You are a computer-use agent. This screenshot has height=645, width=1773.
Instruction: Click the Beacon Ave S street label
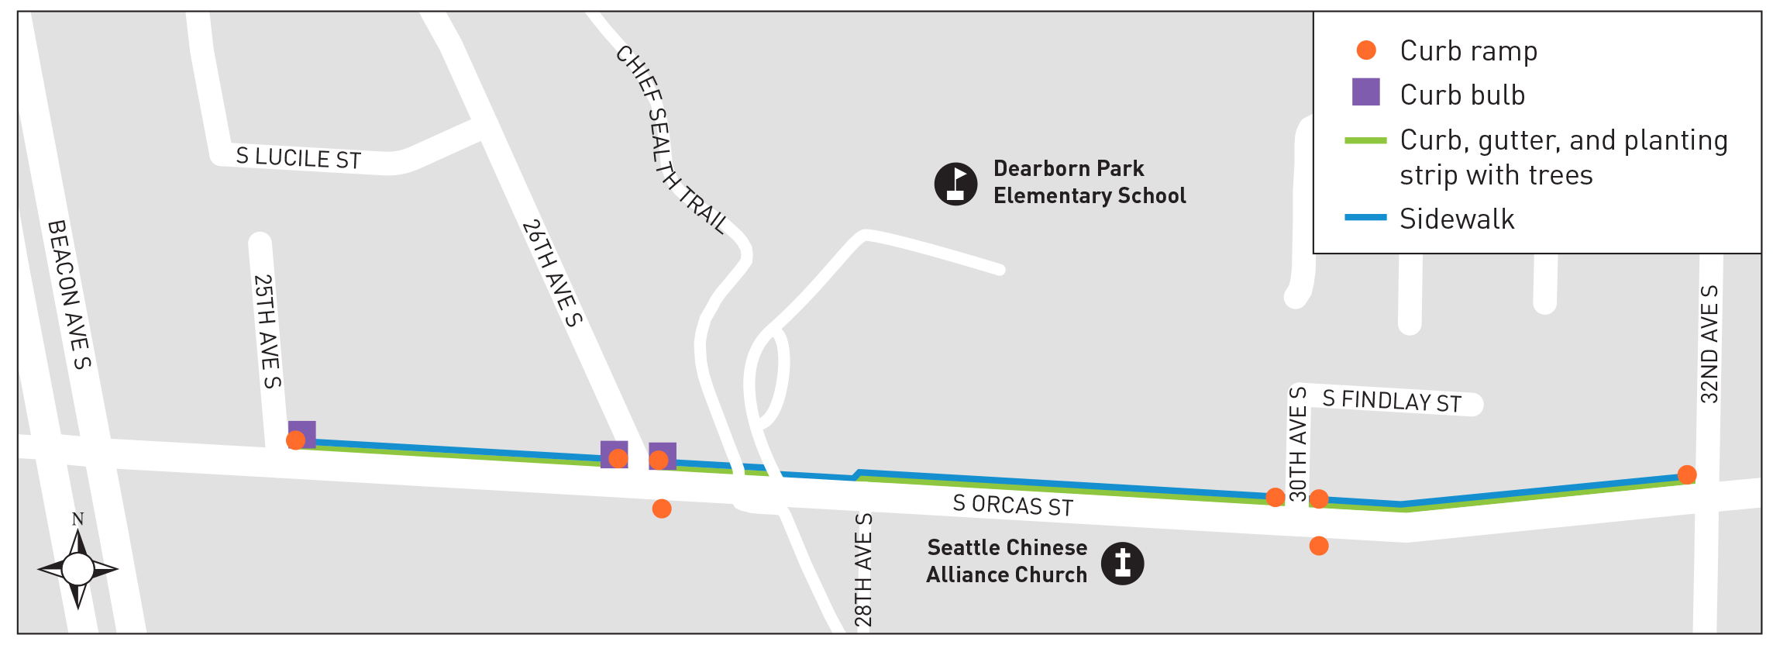[x=69, y=295]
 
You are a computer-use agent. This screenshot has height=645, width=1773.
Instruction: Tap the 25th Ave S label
[x=267, y=331]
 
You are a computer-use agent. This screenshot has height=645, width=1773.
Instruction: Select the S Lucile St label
[x=298, y=158]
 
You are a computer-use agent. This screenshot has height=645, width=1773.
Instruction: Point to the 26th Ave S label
[x=552, y=273]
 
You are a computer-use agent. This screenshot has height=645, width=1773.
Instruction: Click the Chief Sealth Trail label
[x=671, y=140]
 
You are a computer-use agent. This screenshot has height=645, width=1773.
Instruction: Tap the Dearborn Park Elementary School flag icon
[x=955, y=185]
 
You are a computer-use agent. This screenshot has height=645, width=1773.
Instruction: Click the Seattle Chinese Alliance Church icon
[x=1122, y=564]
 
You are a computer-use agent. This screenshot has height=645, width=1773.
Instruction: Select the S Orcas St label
[x=1013, y=505]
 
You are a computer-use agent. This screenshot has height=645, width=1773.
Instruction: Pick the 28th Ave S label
[x=863, y=570]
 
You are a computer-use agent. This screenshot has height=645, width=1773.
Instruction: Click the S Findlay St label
[x=1392, y=402]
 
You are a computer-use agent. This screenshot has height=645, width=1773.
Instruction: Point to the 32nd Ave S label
[x=1709, y=344]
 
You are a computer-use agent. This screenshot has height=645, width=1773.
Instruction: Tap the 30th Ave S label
[x=1298, y=443]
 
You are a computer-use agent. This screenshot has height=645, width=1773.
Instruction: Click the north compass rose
[x=77, y=568]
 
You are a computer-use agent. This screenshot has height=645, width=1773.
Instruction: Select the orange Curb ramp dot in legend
[x=1366, y=50]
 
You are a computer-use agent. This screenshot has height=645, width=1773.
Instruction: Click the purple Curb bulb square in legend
[x=1365, y=92]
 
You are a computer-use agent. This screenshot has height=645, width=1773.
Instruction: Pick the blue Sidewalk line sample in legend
[x=1365, y=218]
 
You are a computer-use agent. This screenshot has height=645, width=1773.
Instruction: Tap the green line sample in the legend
[x=1365, y=140]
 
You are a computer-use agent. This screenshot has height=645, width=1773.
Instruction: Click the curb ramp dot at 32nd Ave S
[x=1687, y=474]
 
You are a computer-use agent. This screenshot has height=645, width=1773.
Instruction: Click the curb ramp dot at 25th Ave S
[x=295, y=440]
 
